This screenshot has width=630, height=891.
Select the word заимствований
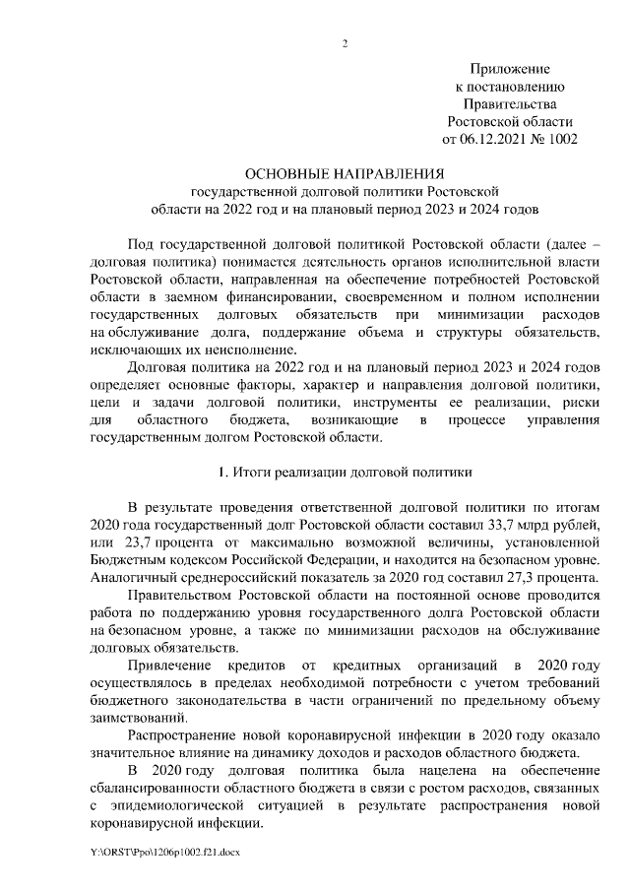138,718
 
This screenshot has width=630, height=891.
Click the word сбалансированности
165,788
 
